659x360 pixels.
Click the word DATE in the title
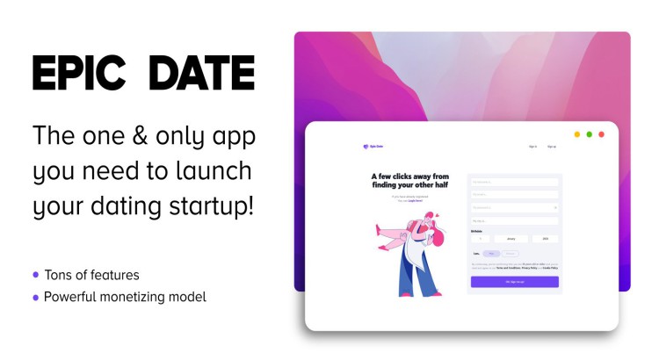pyautogui.click(x=201, y=73)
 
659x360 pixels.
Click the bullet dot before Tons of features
pyautogui.click(x=36, y=275)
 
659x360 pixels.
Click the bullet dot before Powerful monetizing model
pyautogui.click(x=36, y=298)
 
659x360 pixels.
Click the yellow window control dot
pyautogui.click(x=577, y=134)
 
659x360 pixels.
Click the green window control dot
pyautogui.click(x=590, y=134)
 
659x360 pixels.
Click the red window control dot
pyautogui.click(x=602, y=134)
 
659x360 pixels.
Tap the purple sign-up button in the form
pyautogui.click(x=515, y=282)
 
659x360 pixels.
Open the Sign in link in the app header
pyautogui.click(x=533, y=147)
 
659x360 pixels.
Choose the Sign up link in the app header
pyautogui.click(x=552, y=147)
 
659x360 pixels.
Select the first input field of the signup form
pyautogui.click(x=515, y=183)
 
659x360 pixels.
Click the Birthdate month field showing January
pyautogui.click(x=512, y=238)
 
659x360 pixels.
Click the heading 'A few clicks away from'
pyautogui.click(x=410, y=176)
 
